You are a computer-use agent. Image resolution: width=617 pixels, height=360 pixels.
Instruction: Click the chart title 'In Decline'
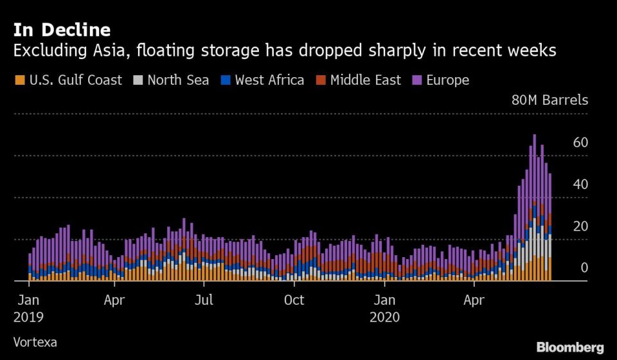[x=61, y=30]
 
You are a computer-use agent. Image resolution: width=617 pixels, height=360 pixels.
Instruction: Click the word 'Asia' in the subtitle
[x=120, y=51]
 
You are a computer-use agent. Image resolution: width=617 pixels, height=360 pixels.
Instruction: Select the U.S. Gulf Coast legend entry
[x=68, y=80]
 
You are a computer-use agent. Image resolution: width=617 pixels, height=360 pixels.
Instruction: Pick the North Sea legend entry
[x=172, y=80]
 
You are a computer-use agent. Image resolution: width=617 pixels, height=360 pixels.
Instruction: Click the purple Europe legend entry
[x=441, y=80]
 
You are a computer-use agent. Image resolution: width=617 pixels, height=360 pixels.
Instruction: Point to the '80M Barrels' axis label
[x=550, y=100]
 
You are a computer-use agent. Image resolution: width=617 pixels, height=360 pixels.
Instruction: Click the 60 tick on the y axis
[x=580, y=143]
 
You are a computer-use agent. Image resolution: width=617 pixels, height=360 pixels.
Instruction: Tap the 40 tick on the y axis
[x=580, y=184]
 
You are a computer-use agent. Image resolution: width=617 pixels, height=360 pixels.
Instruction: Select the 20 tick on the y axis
[x=580, y=226]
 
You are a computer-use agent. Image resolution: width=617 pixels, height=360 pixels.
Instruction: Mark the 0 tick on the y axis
[x=584, y=268]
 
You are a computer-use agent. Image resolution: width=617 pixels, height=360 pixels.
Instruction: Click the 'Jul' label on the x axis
[x=204, y=300]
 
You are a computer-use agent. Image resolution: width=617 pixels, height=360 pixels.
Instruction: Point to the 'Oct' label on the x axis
[x=294, y=300]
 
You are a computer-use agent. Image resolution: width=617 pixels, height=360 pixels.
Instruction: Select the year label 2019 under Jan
[x=28, y=317]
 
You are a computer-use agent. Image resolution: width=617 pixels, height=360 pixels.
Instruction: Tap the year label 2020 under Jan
[x=385, y=317]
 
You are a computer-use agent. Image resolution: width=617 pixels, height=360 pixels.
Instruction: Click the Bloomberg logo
[x=570, y=347]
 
